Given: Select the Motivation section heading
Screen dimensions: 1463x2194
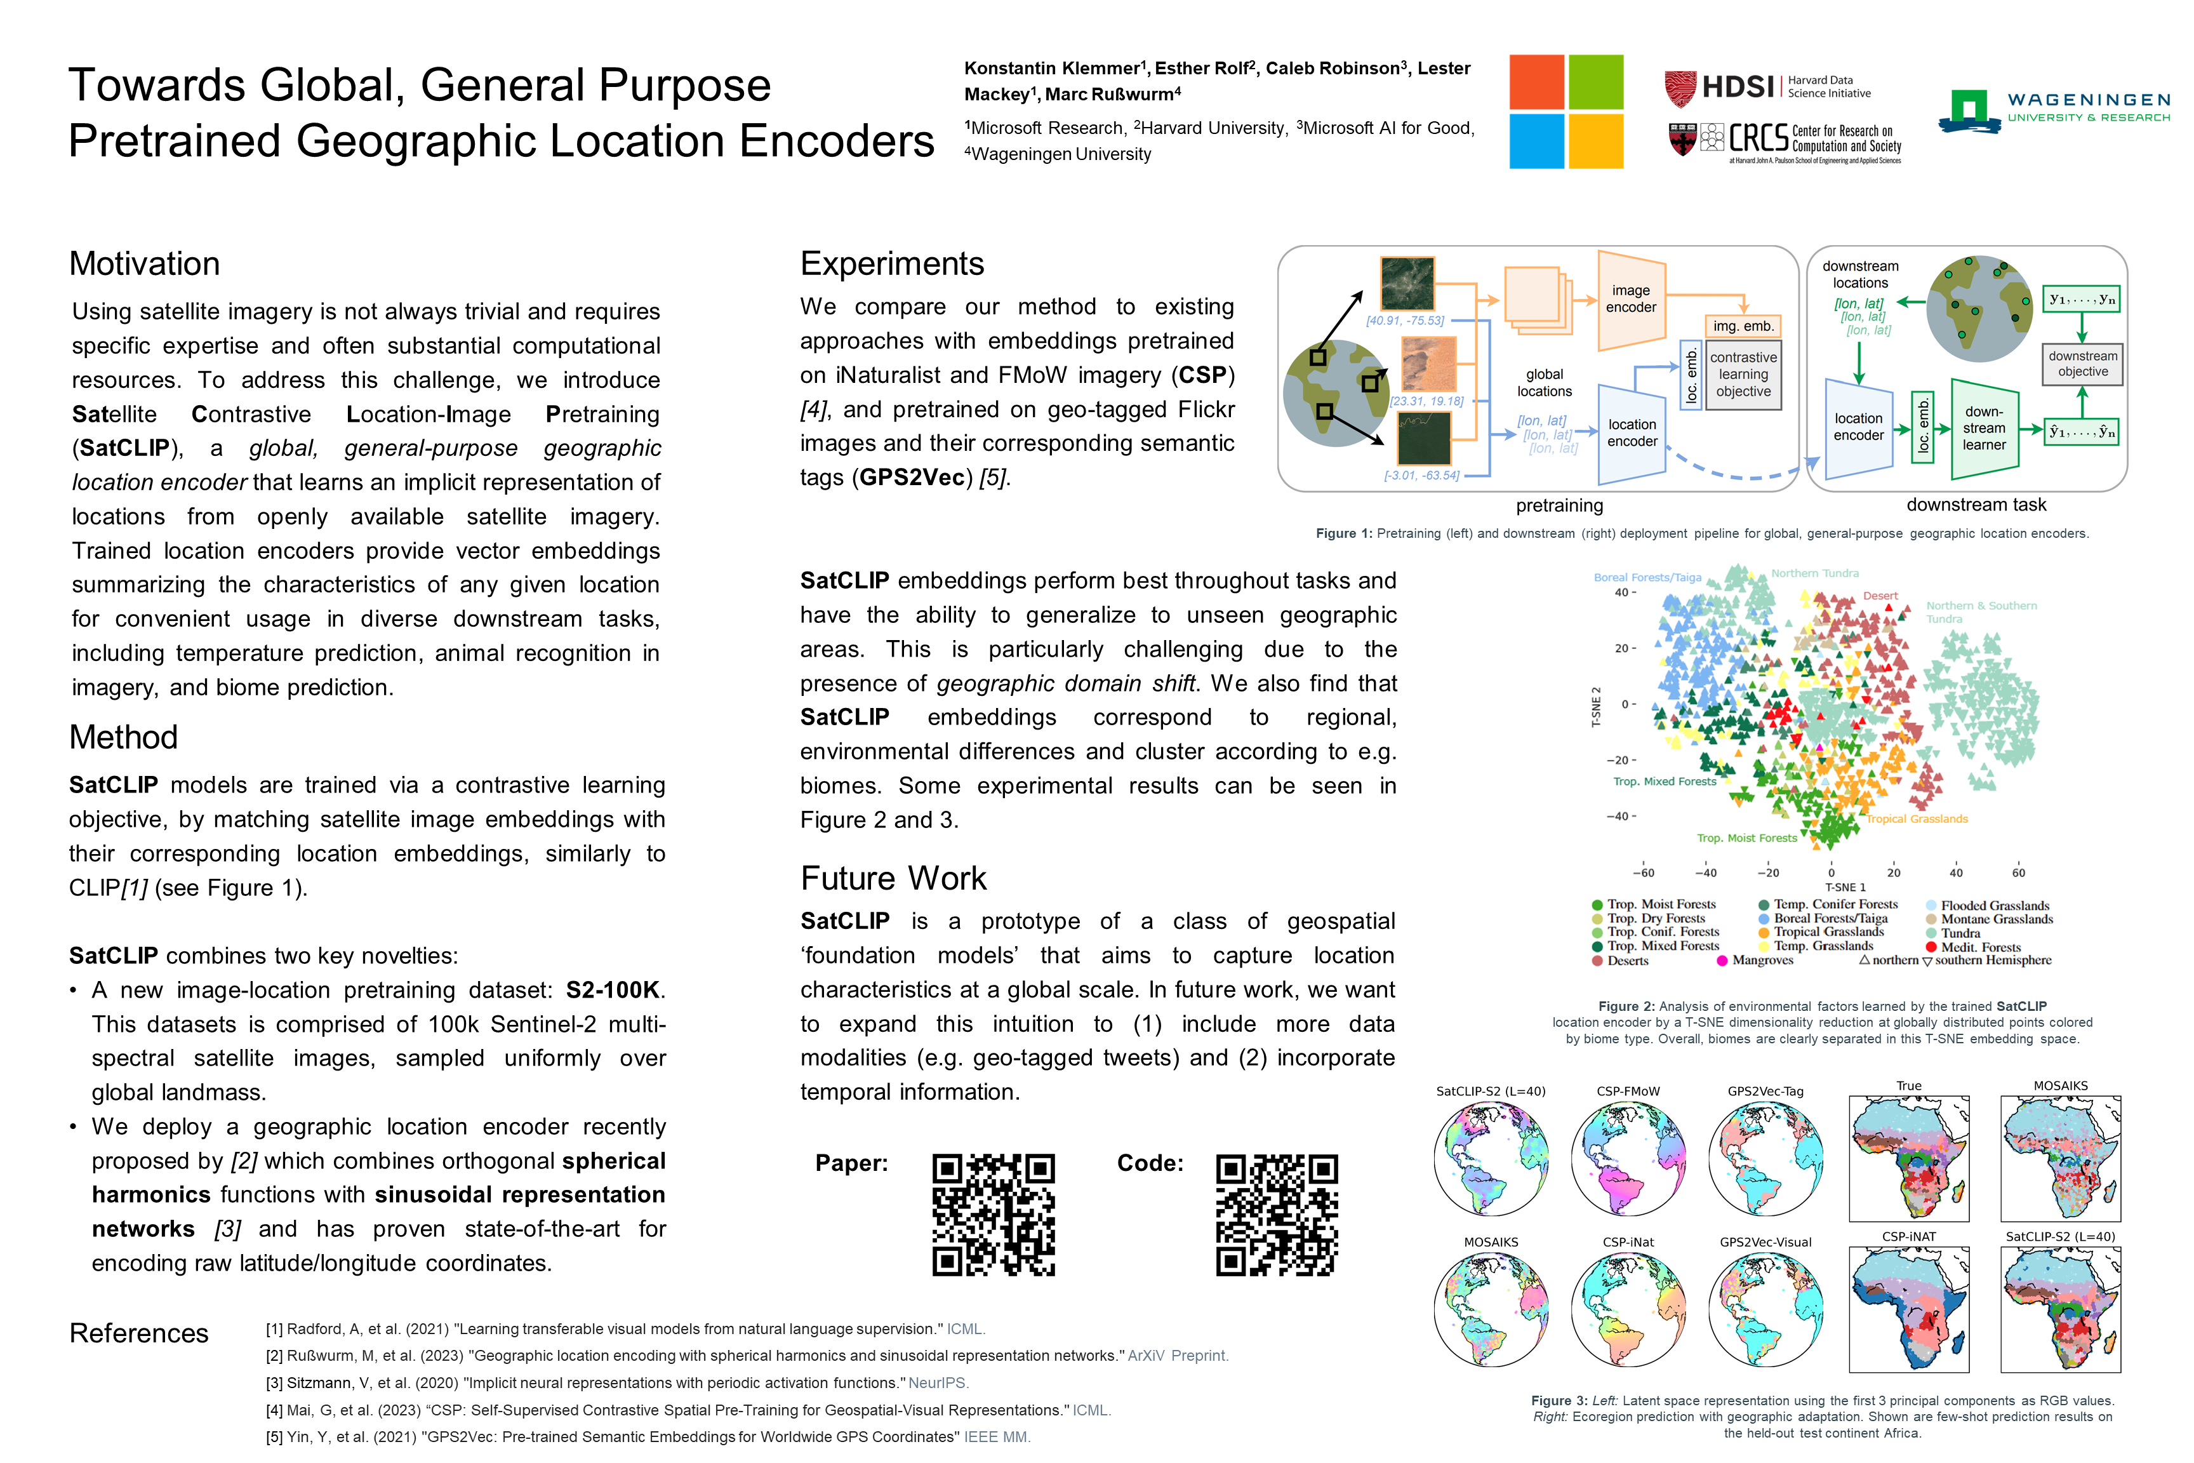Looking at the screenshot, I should click(x=145, y=264).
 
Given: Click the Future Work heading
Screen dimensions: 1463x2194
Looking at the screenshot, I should click(x=893, y=878).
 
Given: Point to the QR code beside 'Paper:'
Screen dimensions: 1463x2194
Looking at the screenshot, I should click(x=994, y=1214).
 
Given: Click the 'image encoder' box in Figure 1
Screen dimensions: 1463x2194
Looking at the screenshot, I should click(x=1630, y=300).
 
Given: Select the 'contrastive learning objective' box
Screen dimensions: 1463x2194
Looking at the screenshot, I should click(x=1743, y=374).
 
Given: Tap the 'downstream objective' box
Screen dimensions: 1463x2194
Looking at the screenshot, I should click(x=2082, y=364).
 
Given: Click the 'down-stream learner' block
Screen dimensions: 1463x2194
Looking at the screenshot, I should click(x=1983, y=428).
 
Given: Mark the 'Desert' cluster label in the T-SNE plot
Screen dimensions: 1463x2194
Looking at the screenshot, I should click(x=1880, y=595).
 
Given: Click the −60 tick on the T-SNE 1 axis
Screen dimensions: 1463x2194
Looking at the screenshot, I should click(x=1643, y=873).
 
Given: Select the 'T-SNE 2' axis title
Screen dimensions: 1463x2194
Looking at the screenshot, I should click(x=1596, y=706).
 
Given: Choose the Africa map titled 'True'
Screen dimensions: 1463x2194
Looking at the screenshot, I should click(x=1908, y=1158).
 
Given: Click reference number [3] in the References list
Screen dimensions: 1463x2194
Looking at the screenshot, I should click(x=274, y=1383).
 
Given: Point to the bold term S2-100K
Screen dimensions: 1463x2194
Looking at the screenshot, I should click(x=613, y=990).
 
